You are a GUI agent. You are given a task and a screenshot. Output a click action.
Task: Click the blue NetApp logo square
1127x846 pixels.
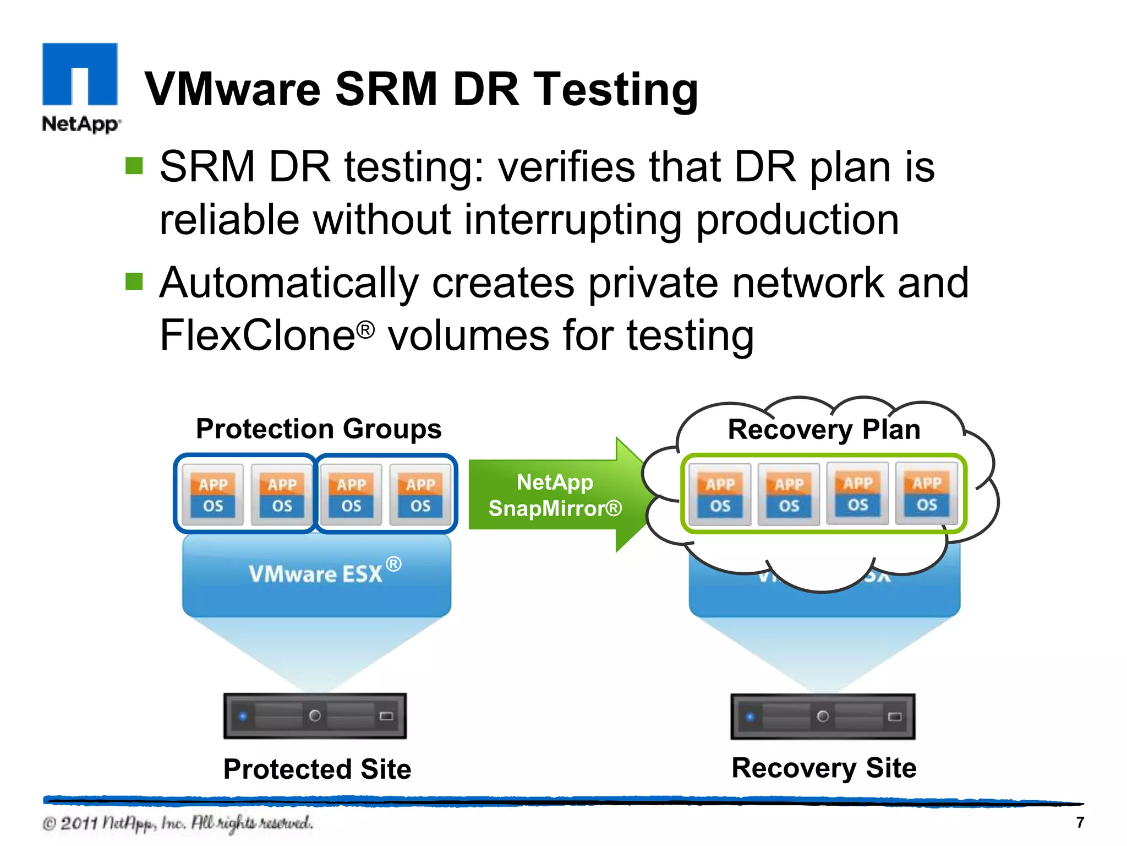tap(80, 74)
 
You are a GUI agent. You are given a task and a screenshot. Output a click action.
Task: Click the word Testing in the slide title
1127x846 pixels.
tap(616, 90)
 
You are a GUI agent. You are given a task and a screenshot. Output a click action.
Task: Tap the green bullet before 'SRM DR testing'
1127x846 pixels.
tap(134, 166)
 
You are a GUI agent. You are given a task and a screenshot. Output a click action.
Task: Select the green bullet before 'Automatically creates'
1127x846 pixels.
tap(134, 281)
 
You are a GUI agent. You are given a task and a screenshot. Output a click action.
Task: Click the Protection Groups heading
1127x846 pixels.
tap(319, 429)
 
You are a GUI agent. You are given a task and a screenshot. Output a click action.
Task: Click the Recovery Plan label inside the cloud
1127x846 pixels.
tap(824, 429)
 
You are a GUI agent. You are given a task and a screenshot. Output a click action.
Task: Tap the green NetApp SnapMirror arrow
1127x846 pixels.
tap(556, 495)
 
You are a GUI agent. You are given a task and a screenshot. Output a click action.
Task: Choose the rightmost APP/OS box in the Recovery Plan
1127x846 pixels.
tap(927, 493)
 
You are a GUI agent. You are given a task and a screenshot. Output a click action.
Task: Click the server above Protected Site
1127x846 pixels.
tap(315, 716)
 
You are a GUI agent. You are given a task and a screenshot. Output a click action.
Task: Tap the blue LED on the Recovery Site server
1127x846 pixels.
tap(749, 717)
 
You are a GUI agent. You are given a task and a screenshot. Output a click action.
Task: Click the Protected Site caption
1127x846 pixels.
tap(317, 769)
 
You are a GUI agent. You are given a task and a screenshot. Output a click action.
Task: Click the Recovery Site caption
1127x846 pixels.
tap(824, 768)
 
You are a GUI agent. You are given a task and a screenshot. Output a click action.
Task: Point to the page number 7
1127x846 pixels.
tap(1080, 822)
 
